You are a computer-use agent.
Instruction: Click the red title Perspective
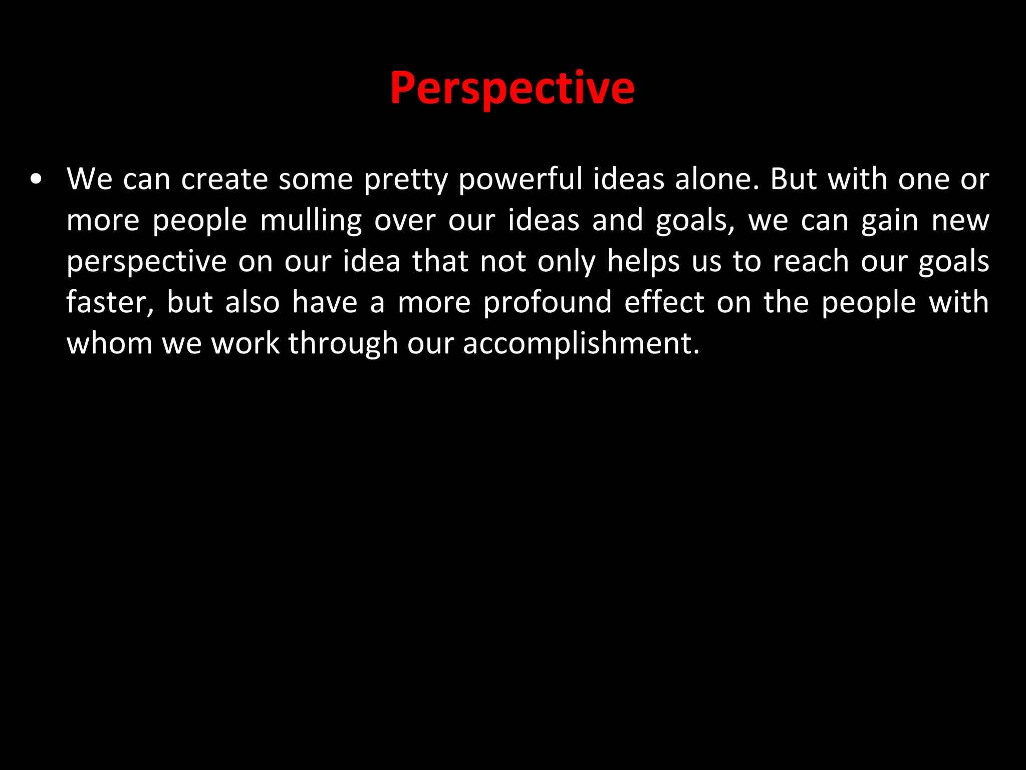click(x=512, y=88)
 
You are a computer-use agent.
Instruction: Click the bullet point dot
click(x=36, y=179)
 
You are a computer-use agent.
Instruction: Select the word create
click(x=224, y=179)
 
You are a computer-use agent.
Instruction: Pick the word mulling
click(x=311, y=221)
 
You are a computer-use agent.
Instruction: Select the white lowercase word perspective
click(x=146, y=262)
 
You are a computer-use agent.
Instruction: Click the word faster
click(x=110, y=302)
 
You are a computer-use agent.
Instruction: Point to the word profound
click(x=548, y=302)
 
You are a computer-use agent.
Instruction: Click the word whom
click(x=109, y=343)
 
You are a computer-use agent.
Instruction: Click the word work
click(x=245, y=343)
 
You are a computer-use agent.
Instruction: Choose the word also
click(x=252, y=302)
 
